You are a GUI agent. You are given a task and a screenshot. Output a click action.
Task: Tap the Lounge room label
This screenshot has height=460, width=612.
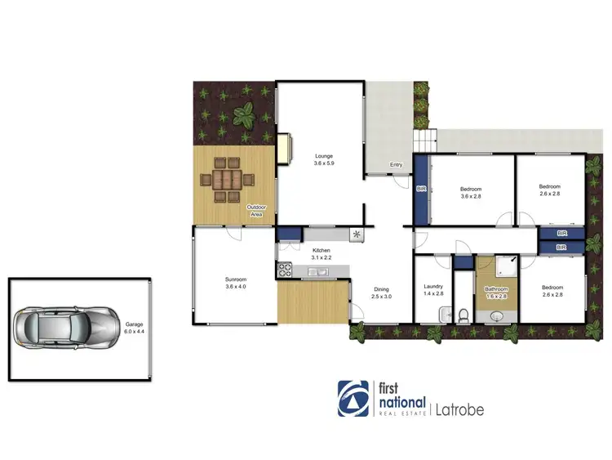323,159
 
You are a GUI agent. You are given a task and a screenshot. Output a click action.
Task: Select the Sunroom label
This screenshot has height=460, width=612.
235,283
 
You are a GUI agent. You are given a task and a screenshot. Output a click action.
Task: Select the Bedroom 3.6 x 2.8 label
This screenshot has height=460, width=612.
472,192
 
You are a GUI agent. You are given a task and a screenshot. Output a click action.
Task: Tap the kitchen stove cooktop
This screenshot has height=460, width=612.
286,267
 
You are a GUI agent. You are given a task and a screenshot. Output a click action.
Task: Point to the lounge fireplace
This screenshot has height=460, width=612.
285,148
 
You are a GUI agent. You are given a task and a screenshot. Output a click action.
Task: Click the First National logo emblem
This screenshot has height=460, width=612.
353,398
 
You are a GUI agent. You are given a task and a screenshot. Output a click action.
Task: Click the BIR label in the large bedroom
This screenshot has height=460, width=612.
422,189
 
